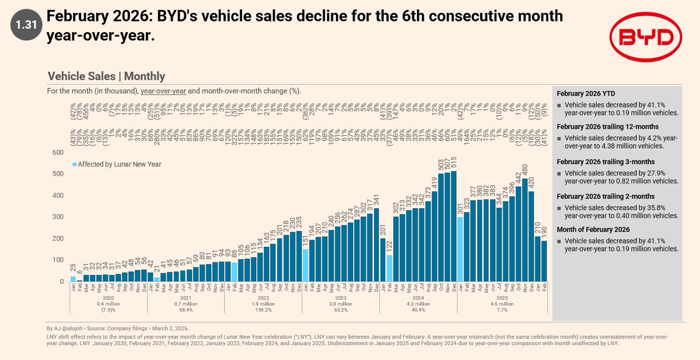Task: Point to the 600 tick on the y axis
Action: click(57, 152)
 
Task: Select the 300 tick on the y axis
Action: click(57, 217)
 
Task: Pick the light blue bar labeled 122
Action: click(389, 268)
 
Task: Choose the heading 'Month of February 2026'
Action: click(594, 229)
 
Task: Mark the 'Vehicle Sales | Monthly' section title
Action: click(106, 76)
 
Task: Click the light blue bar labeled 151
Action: click(305, 265)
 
